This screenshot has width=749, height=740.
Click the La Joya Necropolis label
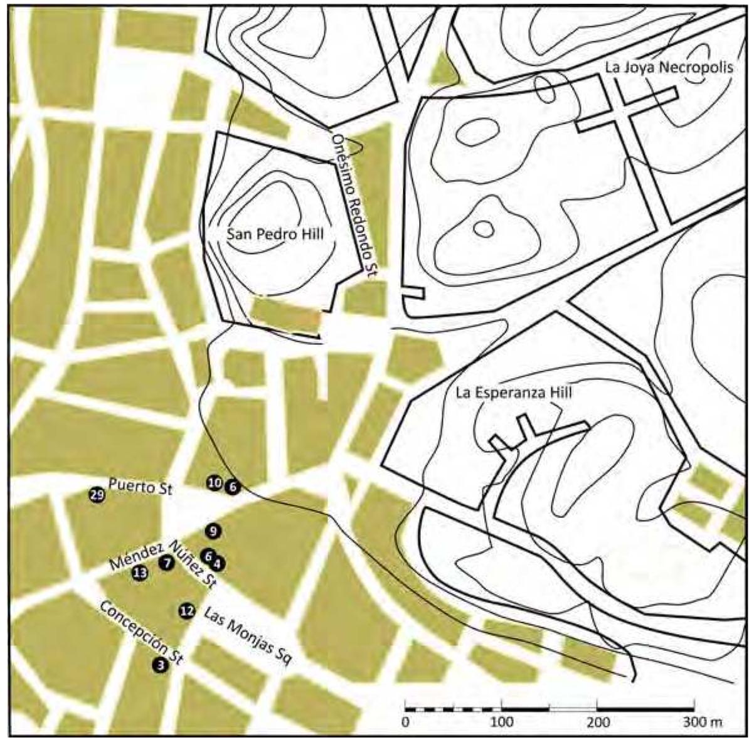pyautogui.click(x=669, y=68)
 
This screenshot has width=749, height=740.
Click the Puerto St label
pyautogui.click(x=140, y=487)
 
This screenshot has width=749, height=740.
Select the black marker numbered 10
pyautogui.click(x=215, y=483)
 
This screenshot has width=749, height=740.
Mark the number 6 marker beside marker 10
pyautogui.click(x=233, y=486)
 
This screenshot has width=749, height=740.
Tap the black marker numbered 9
pyautogui.click(x=213, y=531)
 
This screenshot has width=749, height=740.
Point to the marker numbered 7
pyautogui.click(x=166, y=563)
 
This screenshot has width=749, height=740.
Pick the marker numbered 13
pyautogui.click(x=140, y=572)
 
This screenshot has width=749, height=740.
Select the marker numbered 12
pyautogui.click(x=187, y=611)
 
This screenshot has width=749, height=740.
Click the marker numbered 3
pyautogui.click(x=161, y=665)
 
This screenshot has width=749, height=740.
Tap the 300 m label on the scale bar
pyautogui.click(x=703, y=722)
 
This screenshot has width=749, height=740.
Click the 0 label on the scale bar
pyautogui.click(x=406, y=722)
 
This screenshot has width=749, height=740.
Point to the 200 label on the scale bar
pyautogui.click(x=598, y=722)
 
